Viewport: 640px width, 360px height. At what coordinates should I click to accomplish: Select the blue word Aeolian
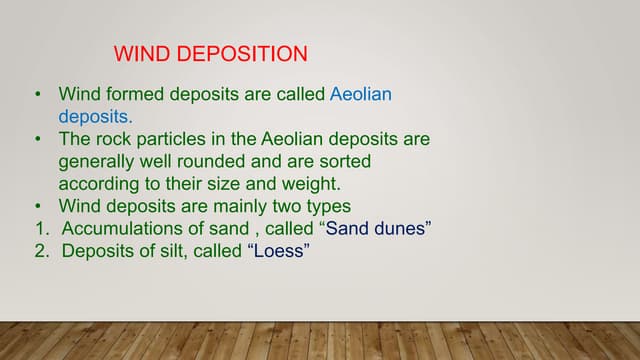pyautogui.click(x=361, y=95)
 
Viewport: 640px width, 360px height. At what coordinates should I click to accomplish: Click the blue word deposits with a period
pyautogui.click(x=95, y=117)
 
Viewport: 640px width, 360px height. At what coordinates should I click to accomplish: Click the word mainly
pyautogui.click(x=244, y=206)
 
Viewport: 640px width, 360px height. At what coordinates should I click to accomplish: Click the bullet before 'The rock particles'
pyautogui.click(x=38, y=139)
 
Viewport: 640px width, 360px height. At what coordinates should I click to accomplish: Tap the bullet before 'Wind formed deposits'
pyautogui.click(x=38, y=95)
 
